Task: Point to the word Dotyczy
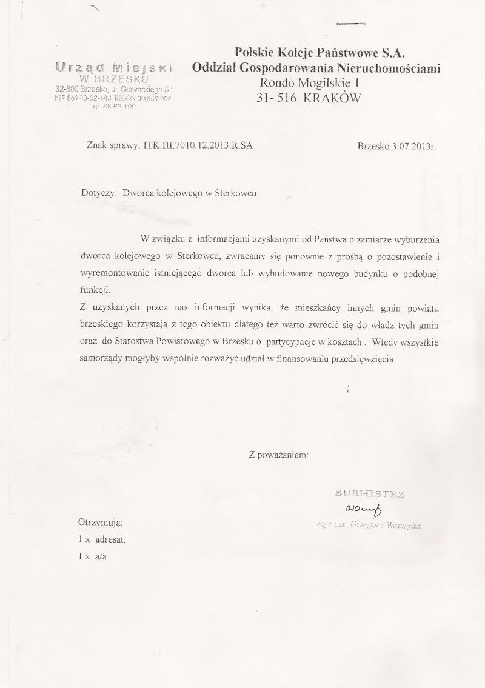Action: coord(98,194)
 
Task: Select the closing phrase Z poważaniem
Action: coord(279,454)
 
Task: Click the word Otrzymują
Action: coord(101,522)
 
